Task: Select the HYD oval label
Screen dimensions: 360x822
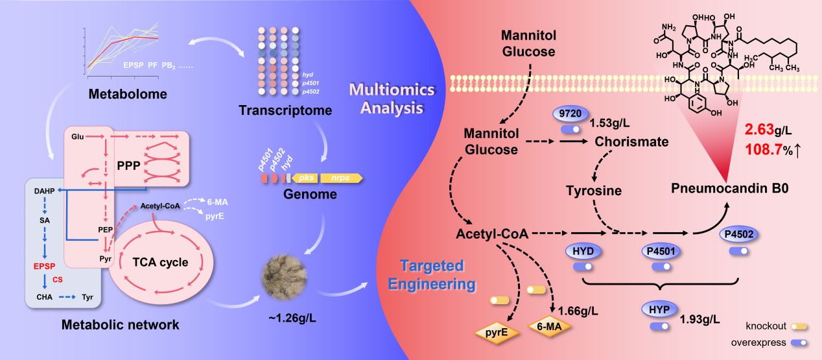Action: point(586,250)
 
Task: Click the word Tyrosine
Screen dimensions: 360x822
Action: point(594,191)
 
